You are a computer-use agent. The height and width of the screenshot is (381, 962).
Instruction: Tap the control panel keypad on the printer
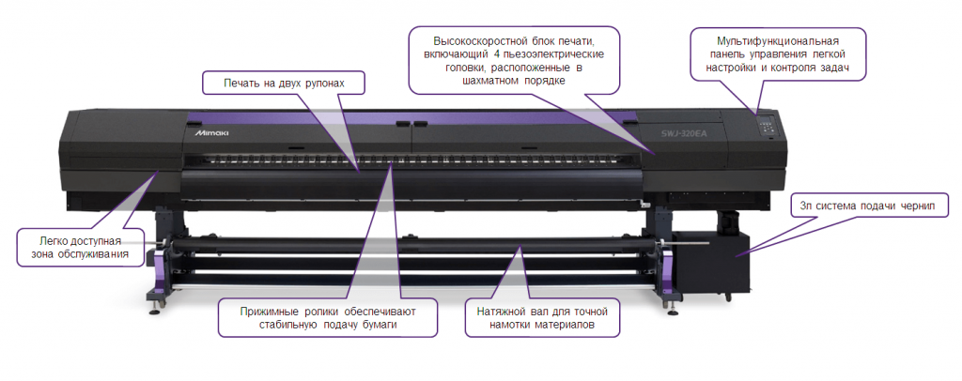point(766,126)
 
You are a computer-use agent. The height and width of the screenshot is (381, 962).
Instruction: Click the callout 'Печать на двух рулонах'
point(284,84)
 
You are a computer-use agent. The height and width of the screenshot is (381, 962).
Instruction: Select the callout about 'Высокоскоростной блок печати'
point(514,60)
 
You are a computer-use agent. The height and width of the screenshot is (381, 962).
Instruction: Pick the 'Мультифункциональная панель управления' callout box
point(777,53)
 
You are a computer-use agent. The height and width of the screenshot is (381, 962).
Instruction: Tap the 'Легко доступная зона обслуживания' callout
point(81,248)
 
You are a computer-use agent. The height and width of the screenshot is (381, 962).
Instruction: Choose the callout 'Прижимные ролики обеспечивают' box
point(328,317)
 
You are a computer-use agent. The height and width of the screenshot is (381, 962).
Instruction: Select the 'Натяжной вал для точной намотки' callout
point(542,317)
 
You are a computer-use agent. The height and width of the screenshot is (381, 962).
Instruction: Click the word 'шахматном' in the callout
point(489,81)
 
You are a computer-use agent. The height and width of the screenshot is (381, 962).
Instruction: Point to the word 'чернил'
point(918,206)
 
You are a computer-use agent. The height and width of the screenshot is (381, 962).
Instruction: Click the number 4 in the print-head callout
point(498,53)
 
